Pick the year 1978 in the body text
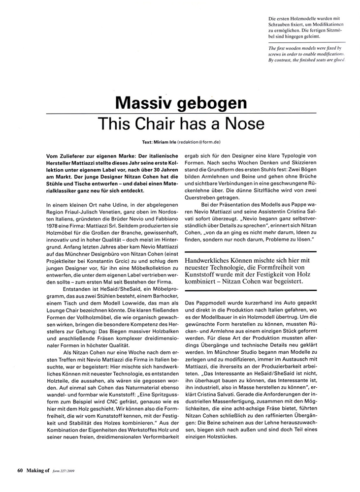(x=52, y=229)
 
